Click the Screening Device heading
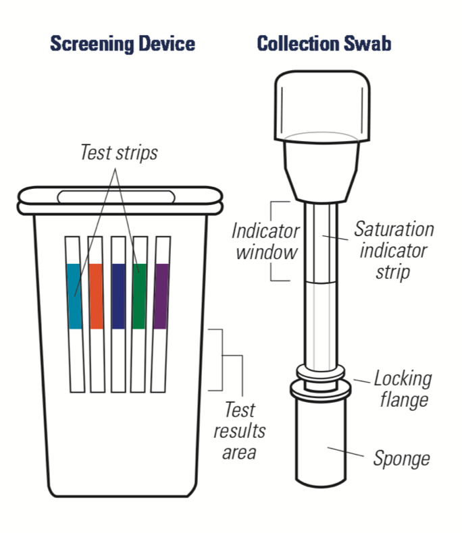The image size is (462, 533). coord(123,45)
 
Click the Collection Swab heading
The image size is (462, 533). coord(324,45)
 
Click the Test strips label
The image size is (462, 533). coord(119,152)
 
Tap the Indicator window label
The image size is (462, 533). coord(265,242)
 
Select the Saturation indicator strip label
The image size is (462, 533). coord(394,250)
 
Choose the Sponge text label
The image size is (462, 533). coord(401,459)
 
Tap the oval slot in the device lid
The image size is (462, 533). coord(119,196)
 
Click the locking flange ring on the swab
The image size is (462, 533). coord(322,387)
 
